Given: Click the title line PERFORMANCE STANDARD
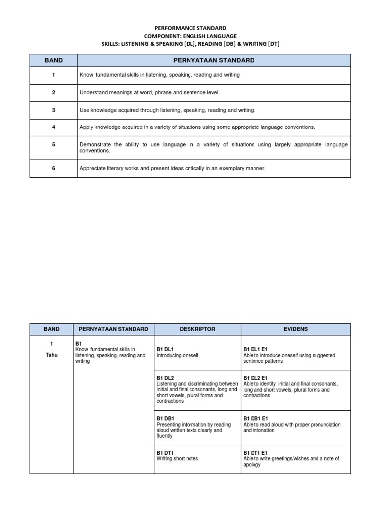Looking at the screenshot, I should (190, 28).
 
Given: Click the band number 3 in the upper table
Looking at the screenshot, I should (53, 110).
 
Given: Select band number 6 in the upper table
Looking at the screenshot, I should (53, 168).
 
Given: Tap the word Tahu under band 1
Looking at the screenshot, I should (51, 355).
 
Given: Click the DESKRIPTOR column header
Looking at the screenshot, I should (197, 329).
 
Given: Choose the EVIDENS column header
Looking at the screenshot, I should (295, 329).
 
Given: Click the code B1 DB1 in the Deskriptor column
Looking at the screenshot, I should (165, 419).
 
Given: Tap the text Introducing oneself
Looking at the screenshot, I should (177, 356).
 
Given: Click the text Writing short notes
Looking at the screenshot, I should (177, 459).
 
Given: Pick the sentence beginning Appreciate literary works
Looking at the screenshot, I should (173, 168).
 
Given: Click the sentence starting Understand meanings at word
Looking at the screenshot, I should (149, 93).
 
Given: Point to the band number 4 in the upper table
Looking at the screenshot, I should (53, 127).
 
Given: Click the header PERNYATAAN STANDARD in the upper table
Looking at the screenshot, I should (214, 60).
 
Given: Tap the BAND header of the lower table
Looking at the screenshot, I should (51, 329).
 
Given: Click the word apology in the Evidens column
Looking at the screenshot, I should (252, 465).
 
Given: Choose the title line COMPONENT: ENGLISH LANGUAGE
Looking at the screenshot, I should (190, 36).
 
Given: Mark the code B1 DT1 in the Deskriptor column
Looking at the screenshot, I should (165, 453).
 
